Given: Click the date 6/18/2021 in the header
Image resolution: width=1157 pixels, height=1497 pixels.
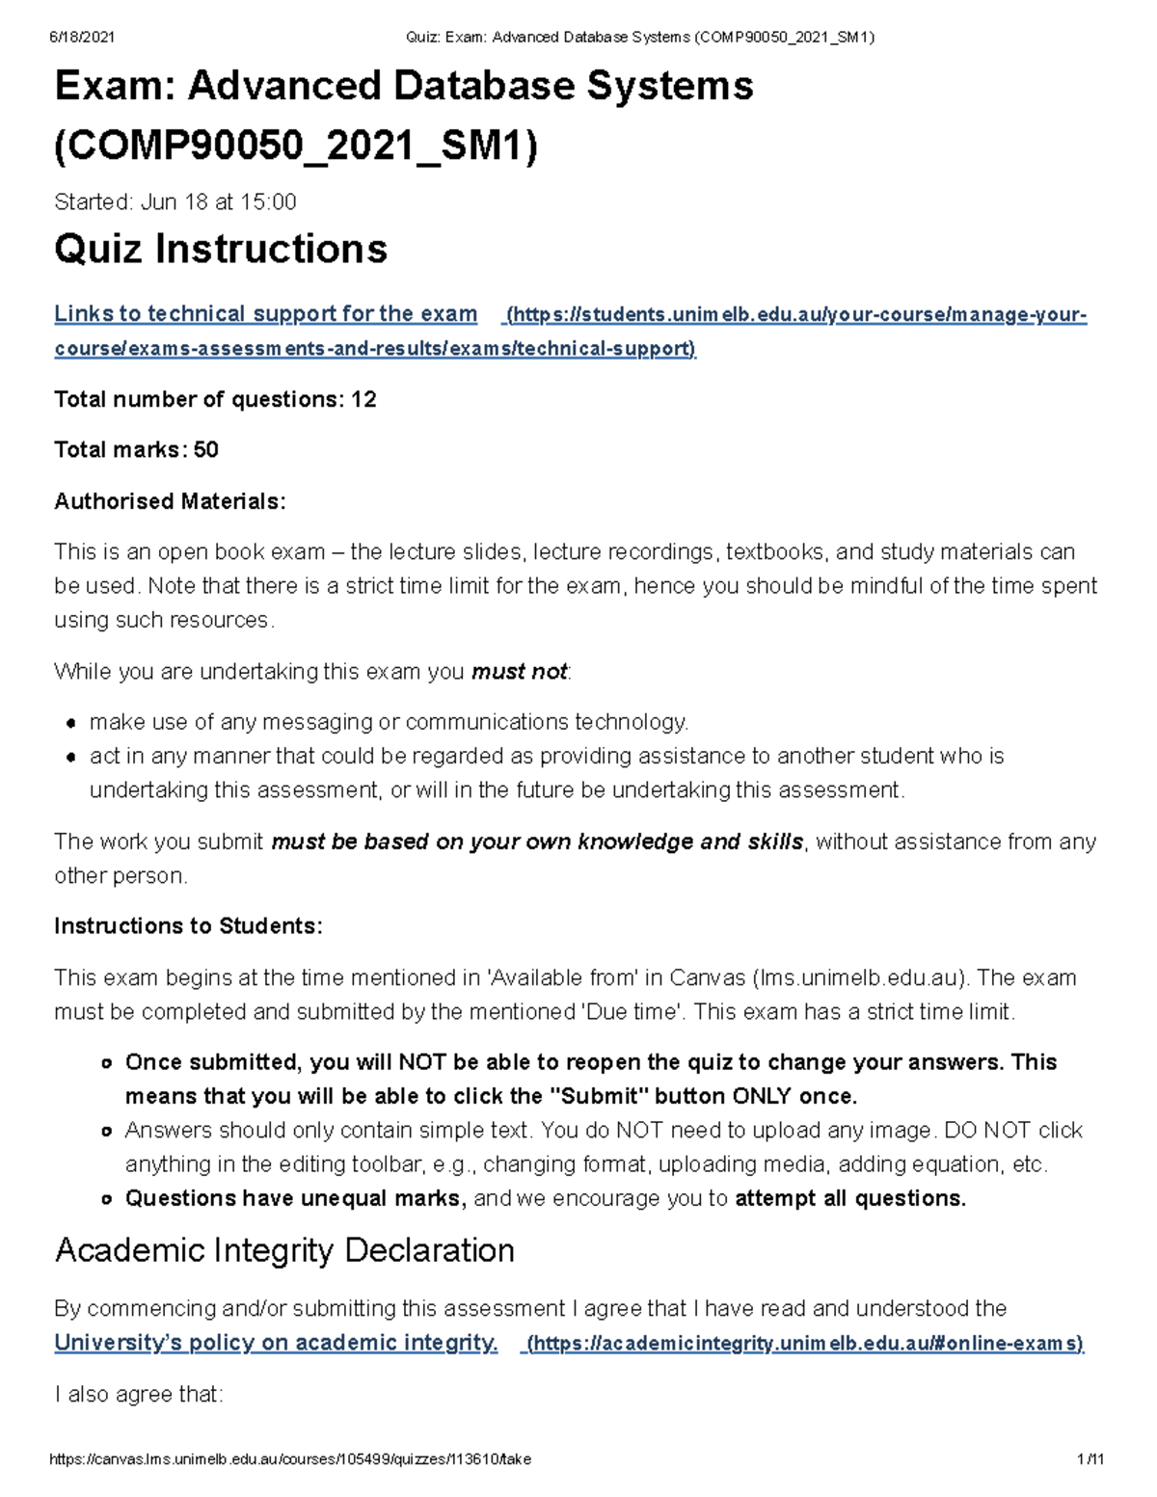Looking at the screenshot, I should click(x=82, y=38).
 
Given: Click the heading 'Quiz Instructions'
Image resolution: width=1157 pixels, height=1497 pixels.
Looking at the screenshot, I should click(x=221, y=250).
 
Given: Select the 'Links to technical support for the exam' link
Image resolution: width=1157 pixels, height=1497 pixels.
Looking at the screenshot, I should click(x=265, y=314).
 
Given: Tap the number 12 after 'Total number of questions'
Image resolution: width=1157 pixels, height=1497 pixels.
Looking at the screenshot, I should click(x=363, y=400).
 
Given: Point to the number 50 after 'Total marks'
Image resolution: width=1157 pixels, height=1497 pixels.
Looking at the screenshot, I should click(x=206, y=450).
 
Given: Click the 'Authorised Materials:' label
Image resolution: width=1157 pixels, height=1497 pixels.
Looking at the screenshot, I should click(x=170, y=501).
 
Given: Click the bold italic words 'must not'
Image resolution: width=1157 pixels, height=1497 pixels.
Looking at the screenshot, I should click(x=519, y=672).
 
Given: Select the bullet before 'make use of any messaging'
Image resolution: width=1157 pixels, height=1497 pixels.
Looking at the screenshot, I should click(x=70, y=724).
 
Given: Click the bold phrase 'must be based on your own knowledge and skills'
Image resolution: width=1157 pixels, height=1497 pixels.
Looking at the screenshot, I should click(x=537, y=842).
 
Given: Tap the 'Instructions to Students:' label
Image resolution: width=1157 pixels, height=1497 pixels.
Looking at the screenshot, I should click(x=188, y=926).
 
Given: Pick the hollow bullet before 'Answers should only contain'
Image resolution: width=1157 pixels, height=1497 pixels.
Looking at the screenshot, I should click(x=107, y=1132).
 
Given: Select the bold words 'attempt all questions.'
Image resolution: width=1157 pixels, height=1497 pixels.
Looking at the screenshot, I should click(x=849, y=1199).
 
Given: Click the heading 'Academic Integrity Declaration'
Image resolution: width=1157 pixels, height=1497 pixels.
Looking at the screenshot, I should click(x=284, y=1251).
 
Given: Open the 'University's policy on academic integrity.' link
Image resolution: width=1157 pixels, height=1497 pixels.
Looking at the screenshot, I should click(x=276, y=1343).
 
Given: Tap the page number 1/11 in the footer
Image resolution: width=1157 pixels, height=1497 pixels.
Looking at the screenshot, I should click(x=1090, y=1459).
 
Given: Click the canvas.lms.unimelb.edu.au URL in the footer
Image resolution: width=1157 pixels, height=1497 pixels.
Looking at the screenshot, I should click(x=289, y=1459).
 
